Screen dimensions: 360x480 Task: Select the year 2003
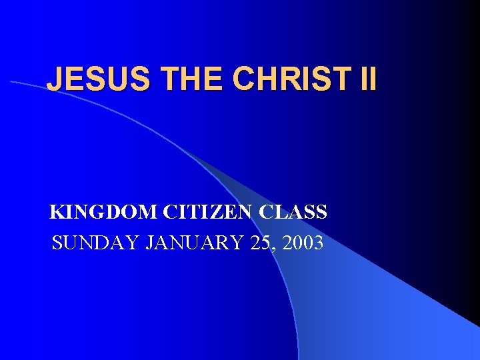pyautogui.click(x=303, y=243)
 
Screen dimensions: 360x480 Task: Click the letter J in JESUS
pyautogui.click(x=54, y=79)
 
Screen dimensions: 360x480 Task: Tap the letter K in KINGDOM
pyautogui.click(x=57, y=213)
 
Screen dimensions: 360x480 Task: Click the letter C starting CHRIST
pyautogui.click(x=245, y=79)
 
